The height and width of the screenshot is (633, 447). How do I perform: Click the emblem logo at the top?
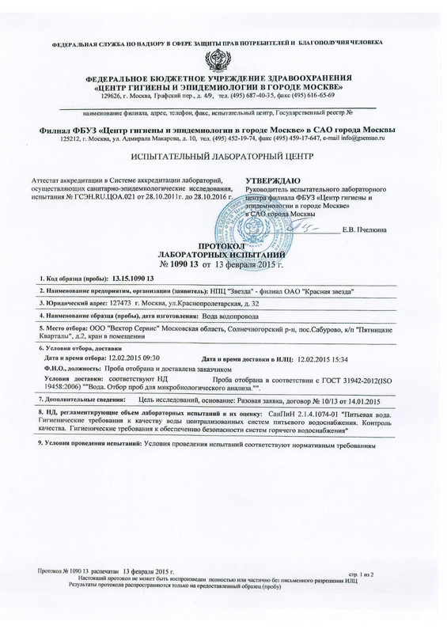pos(223,60)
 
